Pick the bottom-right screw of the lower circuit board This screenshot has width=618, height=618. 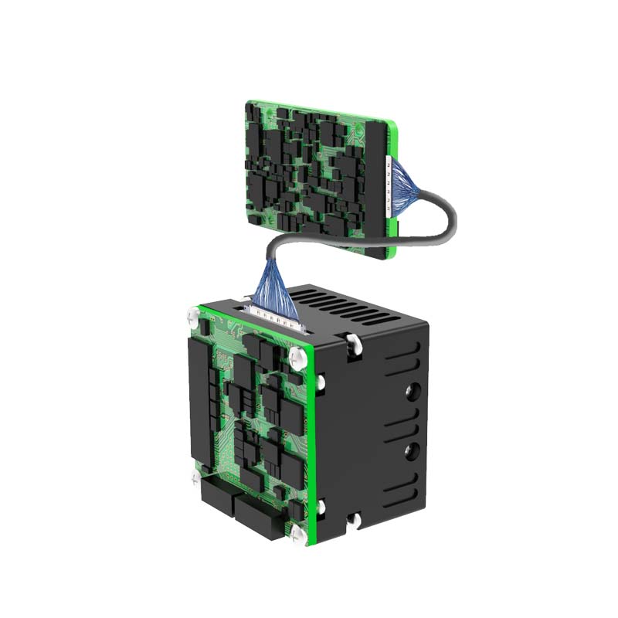(x=298, y=535)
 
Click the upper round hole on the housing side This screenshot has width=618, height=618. (x=411, y=392)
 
